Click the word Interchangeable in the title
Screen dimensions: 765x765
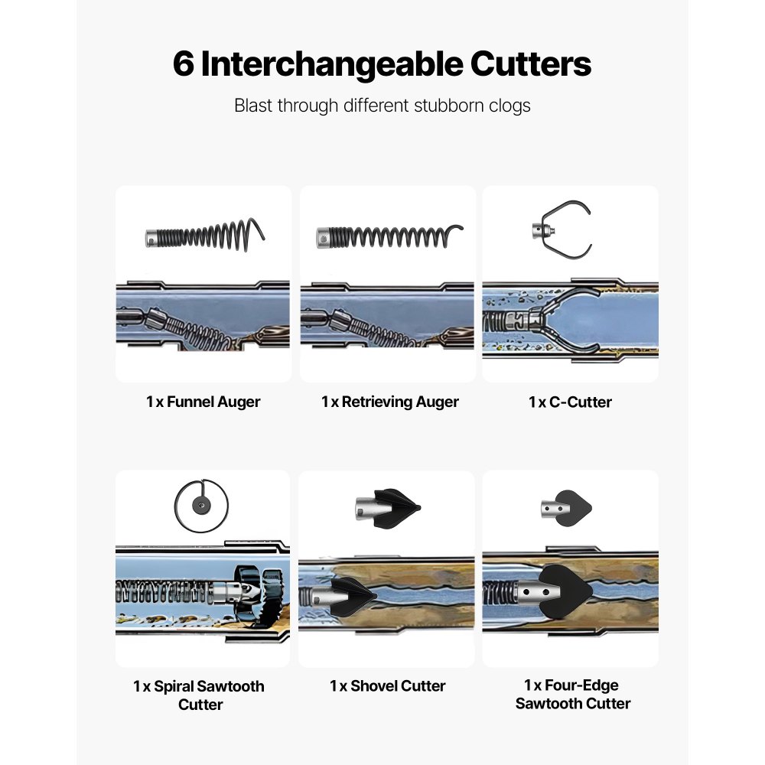pos(332,64)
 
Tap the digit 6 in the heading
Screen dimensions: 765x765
pos(184,64)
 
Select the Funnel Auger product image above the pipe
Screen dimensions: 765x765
pos(205,235)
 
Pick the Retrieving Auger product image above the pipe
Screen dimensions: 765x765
pos(389,236)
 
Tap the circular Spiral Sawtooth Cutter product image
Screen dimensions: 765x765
pos(201,506)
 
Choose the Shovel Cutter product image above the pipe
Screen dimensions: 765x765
pos(388,509)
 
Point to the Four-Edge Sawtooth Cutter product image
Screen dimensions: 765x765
pos(566,509)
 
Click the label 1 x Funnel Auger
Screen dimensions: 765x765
pos(203,402)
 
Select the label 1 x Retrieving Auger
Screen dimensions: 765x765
pos(390,402)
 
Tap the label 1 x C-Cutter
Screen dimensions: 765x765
pos(570,402)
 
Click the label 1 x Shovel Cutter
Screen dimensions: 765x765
pos(387,686)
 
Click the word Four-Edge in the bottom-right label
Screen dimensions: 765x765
pos(581,685)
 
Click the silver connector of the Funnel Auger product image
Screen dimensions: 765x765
pos(152,238)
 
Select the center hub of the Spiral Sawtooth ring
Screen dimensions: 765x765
pos(200,506)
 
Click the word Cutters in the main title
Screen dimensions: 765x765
pos(531,64)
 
